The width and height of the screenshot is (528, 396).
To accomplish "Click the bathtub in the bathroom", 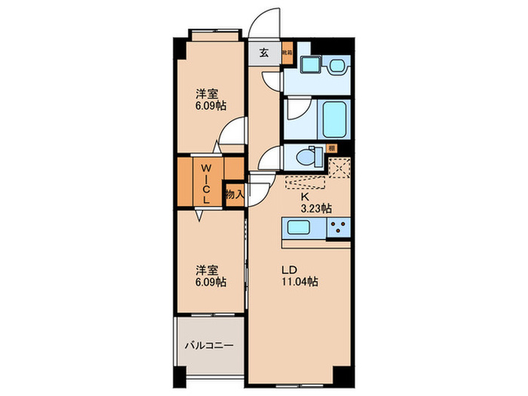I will point(333,118).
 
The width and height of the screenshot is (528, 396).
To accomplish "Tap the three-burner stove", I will point(340,229).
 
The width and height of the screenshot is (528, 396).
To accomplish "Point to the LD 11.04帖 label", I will point(301,276).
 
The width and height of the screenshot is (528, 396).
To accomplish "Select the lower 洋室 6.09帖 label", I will point(210,275).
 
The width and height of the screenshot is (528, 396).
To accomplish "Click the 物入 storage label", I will point(234,194).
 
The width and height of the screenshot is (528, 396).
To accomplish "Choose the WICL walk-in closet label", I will point(205,181).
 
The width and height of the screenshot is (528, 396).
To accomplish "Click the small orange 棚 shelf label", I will point(331,149).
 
